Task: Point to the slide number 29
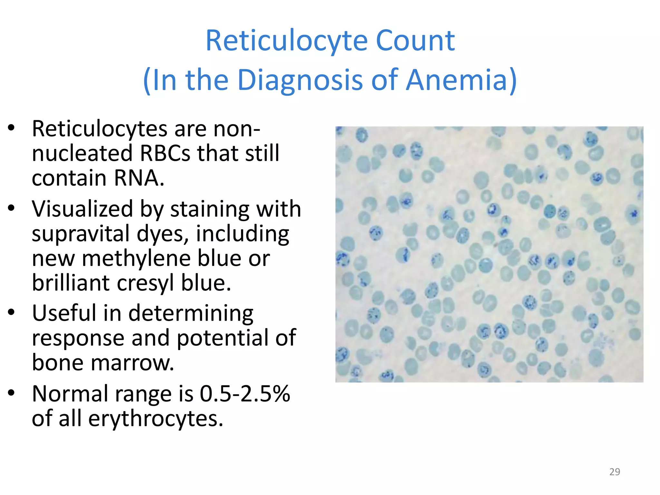615,472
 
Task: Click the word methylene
137,258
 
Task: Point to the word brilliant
71,283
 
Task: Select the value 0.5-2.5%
245,394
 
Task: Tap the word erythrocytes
155,419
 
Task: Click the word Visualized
82,209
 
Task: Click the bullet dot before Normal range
12,393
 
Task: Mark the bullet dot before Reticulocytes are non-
12,128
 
